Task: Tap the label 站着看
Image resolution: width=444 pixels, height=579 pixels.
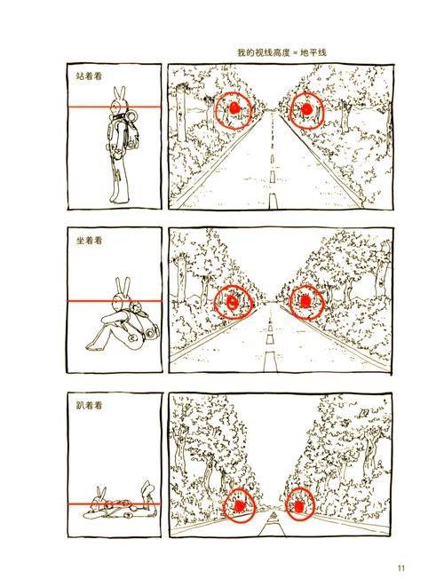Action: pos(90,76)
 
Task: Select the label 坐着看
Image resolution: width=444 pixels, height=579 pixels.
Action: pos(90,241)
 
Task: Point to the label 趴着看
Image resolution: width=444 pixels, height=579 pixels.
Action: pos(90,405)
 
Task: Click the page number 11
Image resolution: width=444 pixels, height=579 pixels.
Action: pos(401,568)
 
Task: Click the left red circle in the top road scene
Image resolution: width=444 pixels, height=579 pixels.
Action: pos(232,110)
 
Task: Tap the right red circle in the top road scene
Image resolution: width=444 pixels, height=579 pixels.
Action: pos(305,110)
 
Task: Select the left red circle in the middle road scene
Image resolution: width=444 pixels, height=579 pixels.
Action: pos(234,302)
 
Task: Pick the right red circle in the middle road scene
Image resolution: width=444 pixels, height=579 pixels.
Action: pos(305,302)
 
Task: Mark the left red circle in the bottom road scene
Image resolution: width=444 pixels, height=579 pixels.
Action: pos(238,504)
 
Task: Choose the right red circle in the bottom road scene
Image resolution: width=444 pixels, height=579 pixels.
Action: pos(300,504)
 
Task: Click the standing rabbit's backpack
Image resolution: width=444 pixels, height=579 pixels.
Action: pos(131,133)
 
